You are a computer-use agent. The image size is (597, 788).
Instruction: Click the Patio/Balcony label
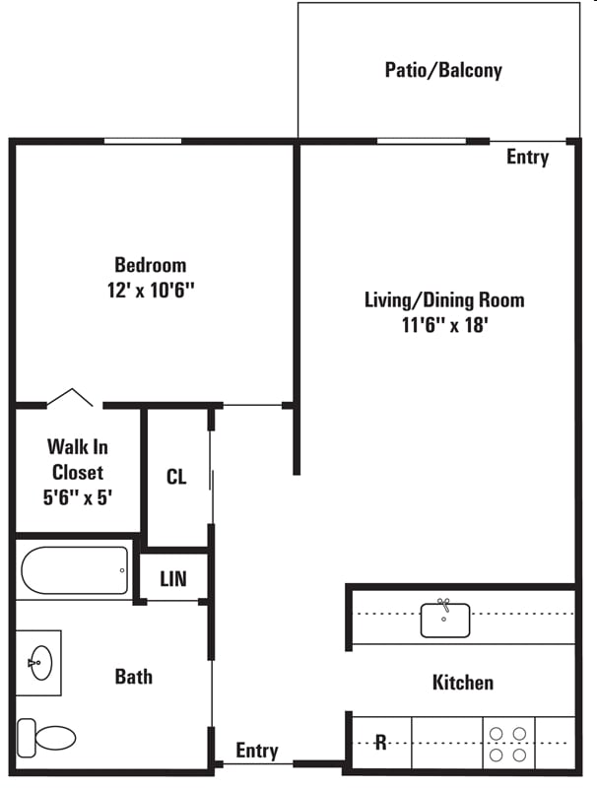click(443, 70)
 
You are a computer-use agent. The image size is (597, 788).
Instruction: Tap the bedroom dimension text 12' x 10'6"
click(150, 291)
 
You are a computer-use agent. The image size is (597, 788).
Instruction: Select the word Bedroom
click(150, 265)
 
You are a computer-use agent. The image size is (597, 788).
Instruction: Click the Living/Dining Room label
click(444, 299)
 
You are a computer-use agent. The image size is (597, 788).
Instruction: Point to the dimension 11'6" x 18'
click(444, 325)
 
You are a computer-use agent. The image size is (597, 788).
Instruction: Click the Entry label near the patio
click(527, 157)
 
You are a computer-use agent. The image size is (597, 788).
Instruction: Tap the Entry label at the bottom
click(256, 751)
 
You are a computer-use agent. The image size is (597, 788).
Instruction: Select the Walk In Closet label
click(78, 459)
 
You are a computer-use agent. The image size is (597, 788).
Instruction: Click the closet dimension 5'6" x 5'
click(78, 497)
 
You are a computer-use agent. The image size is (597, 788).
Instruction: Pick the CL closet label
click(176, 478)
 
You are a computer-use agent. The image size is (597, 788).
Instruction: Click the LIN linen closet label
click(173, 580)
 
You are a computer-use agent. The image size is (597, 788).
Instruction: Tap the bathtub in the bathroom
click(74, 570)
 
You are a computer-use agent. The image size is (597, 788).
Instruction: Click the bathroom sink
click(40, 661)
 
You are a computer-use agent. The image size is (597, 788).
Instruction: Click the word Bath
click(133, 677)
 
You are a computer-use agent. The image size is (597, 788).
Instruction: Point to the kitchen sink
click(445, 619)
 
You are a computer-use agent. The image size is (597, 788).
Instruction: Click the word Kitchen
click(462, 682)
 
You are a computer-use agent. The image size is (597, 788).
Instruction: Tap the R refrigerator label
click(380, 743)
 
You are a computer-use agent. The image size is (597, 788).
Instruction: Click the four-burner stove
click(506, 744)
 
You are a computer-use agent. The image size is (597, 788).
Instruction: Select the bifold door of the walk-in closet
click(71, 397)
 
